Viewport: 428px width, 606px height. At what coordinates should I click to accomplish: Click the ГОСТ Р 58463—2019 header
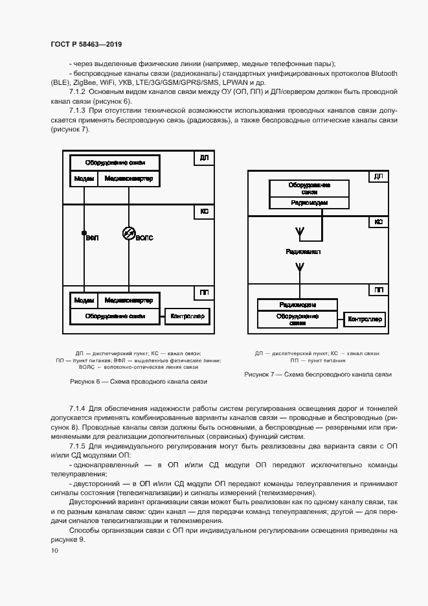(86, 44)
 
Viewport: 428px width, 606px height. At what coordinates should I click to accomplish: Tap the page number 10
(54, 550)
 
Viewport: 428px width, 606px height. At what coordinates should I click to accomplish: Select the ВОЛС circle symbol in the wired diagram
(128, 233)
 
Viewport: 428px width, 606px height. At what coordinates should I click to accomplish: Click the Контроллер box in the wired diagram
(187, 316)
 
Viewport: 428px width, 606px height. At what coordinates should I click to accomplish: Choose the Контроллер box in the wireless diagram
(365, 319)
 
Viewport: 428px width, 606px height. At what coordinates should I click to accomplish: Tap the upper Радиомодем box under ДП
(309, 203)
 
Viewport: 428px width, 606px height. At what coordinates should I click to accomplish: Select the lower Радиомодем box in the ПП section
(297, 305)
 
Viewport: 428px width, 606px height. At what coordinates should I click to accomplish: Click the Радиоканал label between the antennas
(302, 251)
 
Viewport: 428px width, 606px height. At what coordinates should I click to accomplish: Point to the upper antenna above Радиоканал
(299, 231)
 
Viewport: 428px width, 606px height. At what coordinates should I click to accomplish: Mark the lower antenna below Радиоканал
(299, 268)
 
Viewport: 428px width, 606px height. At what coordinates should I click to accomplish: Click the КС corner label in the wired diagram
(204, 211)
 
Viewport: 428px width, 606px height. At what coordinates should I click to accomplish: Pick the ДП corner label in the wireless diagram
(379, 176)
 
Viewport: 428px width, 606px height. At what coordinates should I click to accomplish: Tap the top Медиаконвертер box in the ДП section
(128, 179)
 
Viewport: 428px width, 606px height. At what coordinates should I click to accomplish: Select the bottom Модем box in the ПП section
(84, 301)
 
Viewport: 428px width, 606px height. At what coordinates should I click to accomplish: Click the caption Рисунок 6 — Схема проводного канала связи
(139, 382)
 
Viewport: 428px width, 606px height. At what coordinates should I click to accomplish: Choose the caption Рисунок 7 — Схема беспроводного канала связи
(318, 375)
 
